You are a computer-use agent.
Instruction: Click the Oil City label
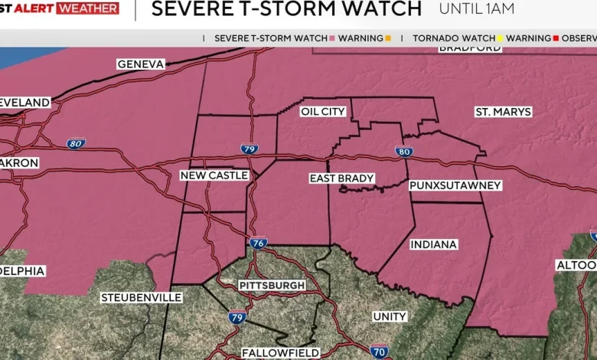click(323, 112)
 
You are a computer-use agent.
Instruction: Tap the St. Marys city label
click(503, 112)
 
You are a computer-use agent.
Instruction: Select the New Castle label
click(214, 175)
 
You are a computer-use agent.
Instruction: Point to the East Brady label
click(342, 178)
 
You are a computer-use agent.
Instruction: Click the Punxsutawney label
click(455, 185)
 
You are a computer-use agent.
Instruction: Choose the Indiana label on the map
click(433, 244)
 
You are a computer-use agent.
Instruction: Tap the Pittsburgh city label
click(272, 285)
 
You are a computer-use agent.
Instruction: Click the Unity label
click(390, 316)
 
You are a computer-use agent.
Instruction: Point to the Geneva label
click(141, 64)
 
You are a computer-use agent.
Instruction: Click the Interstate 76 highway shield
click(259, 243)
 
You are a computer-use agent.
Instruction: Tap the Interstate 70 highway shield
click(379, 352)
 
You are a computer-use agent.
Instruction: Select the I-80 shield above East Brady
click(405, 152)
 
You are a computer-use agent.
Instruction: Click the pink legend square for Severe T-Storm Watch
click(333, 38)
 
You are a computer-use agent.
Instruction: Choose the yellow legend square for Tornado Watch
click(501, 38)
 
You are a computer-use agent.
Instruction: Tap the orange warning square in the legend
click(388, 38)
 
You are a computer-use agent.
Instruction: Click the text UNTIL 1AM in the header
click(476, 9)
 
